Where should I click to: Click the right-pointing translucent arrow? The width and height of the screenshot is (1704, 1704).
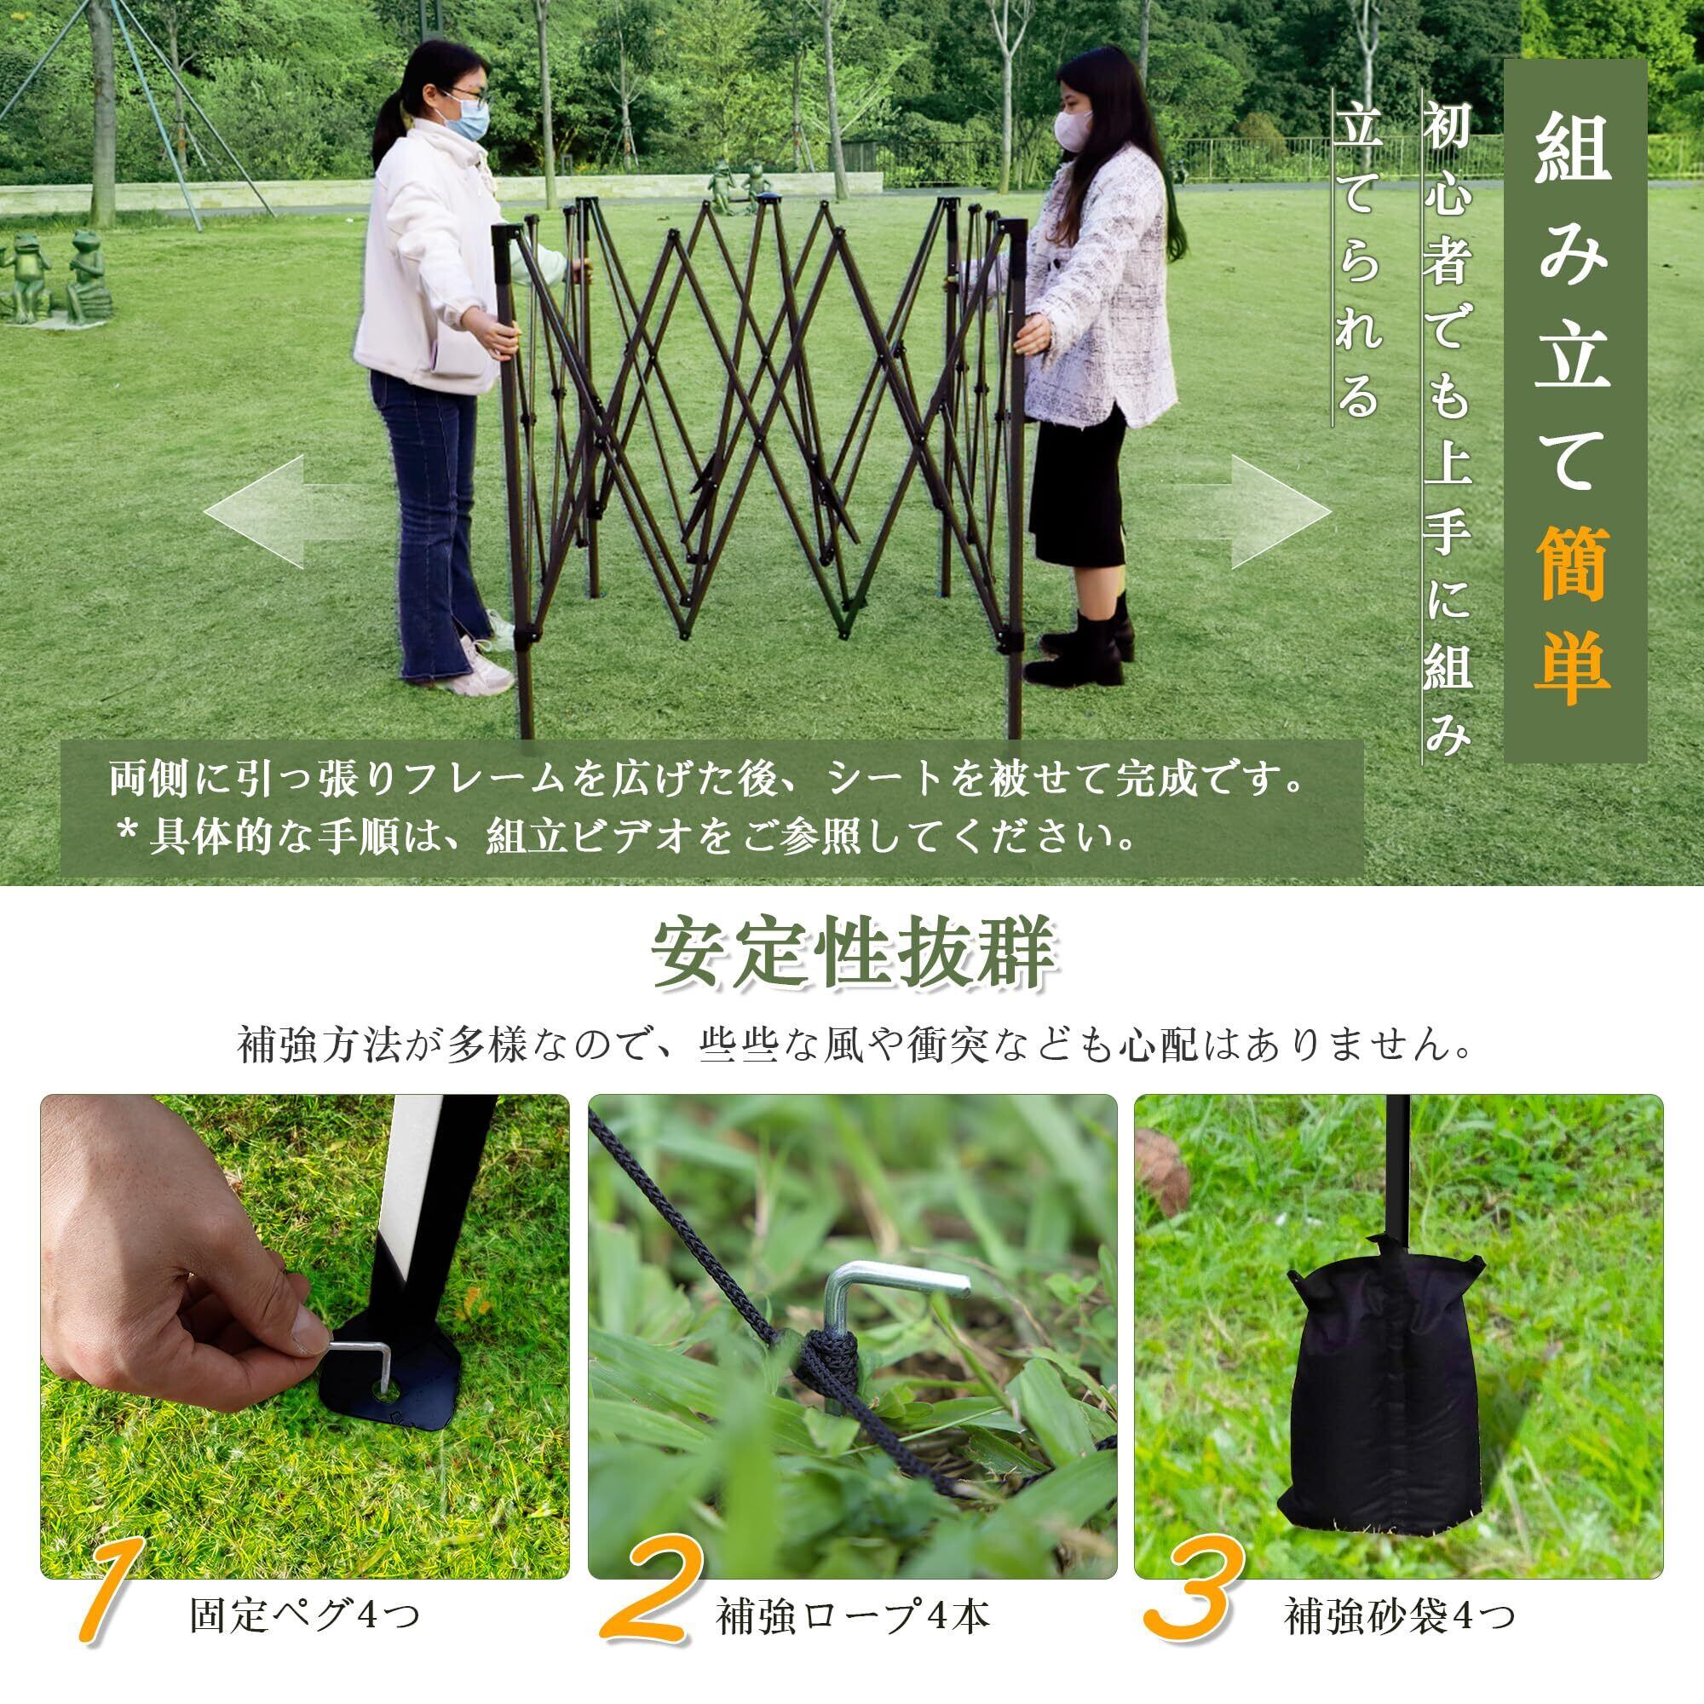(1252, 511)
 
